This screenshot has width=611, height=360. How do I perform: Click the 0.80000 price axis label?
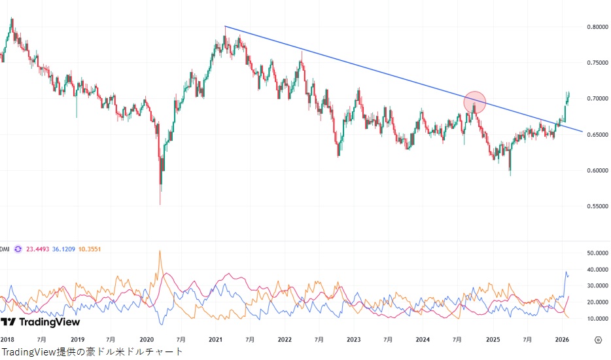(x=597, y=27)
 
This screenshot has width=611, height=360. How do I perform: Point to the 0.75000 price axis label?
(x=597, y=63)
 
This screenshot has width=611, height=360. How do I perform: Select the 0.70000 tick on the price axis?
(x=597, y=99)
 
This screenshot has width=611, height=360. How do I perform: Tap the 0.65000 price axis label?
(x=597, y=135)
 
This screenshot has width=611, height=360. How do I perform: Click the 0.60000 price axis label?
(x=597, y=171)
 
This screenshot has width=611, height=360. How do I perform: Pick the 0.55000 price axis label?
(x=597, y=206)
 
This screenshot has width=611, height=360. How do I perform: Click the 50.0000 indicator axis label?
(x=597, y=253)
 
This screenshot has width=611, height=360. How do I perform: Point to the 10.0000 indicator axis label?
(x=597, y=319)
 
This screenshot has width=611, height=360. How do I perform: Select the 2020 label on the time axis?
(x=147, y=340)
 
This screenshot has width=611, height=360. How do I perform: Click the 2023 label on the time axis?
(x=353, y=340)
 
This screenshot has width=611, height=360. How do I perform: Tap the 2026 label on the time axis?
(x=561, y=340)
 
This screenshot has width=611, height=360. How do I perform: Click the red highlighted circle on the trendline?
(x=475, y=102)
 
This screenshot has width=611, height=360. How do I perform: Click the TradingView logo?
(x=41, y=322)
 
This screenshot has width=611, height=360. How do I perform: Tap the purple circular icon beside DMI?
(x=18, y=249)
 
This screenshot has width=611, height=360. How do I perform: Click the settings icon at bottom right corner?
(x=598, y=340)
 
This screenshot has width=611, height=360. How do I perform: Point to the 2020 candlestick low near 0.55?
(x=160, y=204)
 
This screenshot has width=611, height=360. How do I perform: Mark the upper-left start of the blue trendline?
(x=225, y=26)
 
